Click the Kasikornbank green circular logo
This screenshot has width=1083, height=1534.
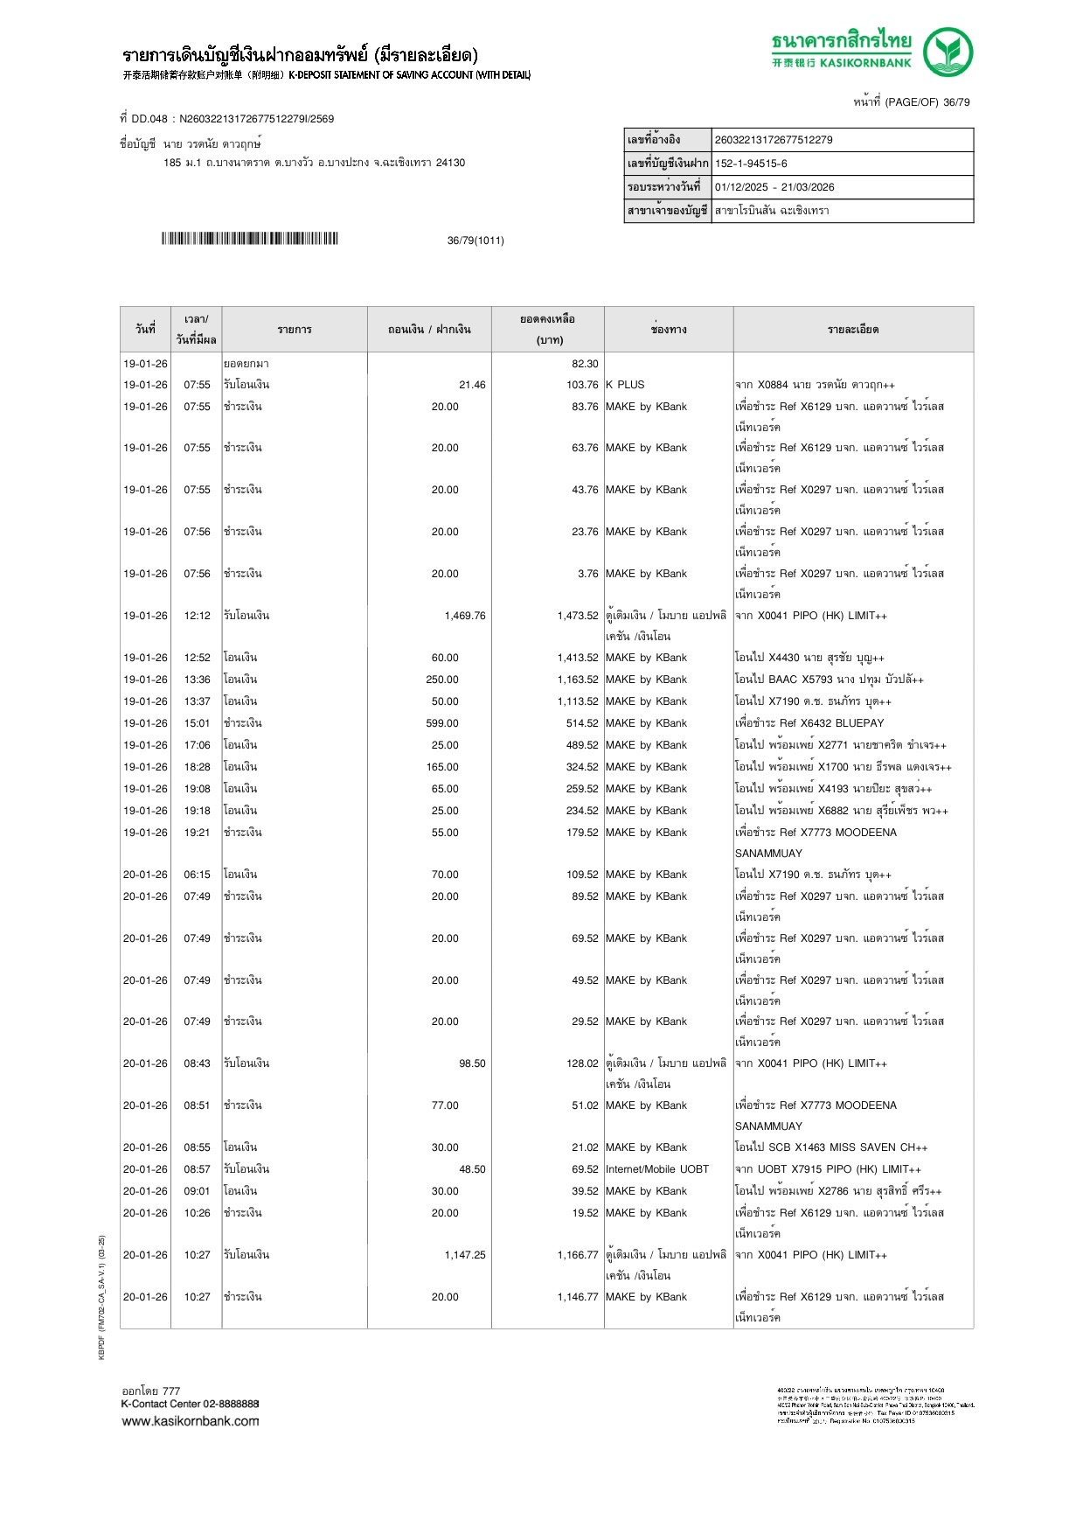coord(948,52)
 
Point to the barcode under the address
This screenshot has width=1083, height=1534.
coord(249,239)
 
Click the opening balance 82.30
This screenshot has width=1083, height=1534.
coord(585,364)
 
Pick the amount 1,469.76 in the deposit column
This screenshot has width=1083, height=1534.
coord(464,616)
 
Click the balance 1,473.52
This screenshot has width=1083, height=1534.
coord(578,616)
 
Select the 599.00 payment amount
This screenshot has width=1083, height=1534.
coord(442,723)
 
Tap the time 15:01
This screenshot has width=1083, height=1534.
coord(197,723)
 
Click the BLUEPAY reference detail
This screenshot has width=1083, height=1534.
coord(809,723)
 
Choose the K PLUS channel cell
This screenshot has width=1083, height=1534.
coord(624,385)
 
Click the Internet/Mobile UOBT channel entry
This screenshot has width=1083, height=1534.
coord(656,1169)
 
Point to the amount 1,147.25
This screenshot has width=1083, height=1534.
coord(464,1255)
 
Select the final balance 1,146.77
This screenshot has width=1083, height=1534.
coord(578,1297)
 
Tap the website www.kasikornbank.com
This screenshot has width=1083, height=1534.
coord(190,1420)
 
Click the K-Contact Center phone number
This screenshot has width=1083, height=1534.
coord(231,1404)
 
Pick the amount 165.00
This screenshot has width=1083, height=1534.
coord(442,767)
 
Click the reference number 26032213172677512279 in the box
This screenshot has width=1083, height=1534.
coord(774,140)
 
